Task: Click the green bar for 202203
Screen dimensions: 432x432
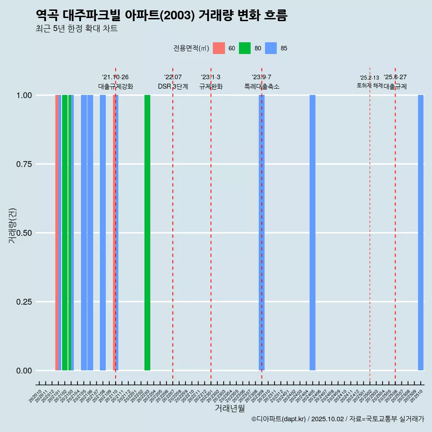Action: [147, 233]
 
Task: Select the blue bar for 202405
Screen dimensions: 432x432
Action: [312, 233]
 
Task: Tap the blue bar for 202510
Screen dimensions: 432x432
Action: [421, 233]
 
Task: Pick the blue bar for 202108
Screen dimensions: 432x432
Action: [103, 233]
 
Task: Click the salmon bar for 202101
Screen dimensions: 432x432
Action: [57, 233]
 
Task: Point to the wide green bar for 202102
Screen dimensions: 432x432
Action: [65, 233]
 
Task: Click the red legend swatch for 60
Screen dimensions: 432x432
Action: [219, 48]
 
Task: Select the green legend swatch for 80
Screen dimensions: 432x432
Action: [245, 48]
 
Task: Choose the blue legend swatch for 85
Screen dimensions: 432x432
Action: [271, 48]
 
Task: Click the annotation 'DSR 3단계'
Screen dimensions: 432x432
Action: [173, 86]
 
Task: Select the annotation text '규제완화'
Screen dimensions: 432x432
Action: [211, 86]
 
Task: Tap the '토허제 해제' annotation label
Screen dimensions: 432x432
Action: [369, 85]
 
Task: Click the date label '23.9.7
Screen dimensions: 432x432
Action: [261, 77]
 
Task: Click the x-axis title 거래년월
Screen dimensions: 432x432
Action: [229, 409]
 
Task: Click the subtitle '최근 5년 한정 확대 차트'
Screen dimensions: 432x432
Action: [76, 29]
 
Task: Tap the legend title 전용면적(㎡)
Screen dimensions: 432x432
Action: [191, 49]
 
